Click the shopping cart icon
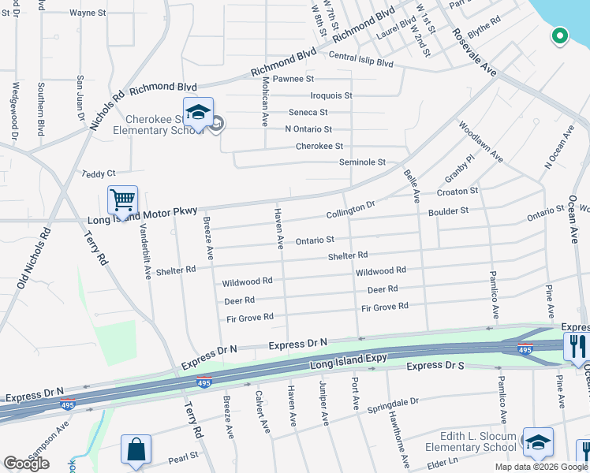pyautogui.click(x=122, y=200)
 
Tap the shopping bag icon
pyautogui.click(x=136, y=449)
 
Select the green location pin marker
pyautogui.click(x=559, y=35)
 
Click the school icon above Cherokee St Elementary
pyautogui.click(x=198, y=112)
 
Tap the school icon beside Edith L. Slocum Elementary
pyautogui.click(x=538, y=442)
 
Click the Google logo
pyautogui.click(x=26, y=464)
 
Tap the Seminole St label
pyautogui.click(x=362, y=162)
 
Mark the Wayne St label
pyautogui.click(x=88, y=13)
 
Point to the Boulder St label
pyautogui.click(x=448, y=210)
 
